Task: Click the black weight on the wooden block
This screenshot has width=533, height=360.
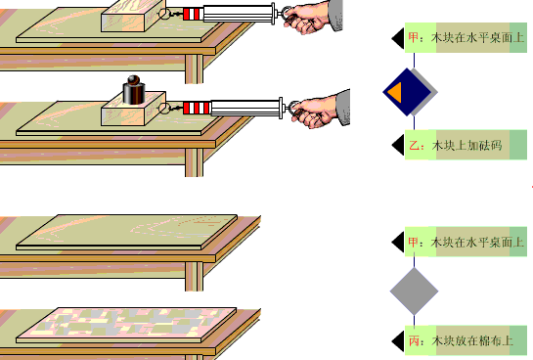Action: point(134,90)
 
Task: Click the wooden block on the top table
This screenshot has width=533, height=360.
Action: point(134,16)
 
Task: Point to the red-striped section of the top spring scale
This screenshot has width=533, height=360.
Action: point(193,15)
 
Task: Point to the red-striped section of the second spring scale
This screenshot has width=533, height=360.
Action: point(197,108)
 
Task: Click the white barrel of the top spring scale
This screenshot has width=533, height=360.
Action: point(238,14)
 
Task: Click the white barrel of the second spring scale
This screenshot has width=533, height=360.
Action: point(245,108)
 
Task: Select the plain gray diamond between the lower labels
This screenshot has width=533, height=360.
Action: point(414,291)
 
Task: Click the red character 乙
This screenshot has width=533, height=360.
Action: point(415,146)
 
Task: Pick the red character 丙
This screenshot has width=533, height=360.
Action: point(414,340)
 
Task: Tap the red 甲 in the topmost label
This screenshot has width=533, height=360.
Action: point(414,37)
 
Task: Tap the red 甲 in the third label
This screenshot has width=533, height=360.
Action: point(414,242)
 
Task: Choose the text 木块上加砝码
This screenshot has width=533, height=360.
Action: point(467,146)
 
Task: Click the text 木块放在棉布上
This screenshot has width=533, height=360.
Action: point(472,340)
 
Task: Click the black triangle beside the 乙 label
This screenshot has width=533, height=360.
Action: point(399,145)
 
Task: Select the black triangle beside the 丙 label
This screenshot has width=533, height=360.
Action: point(399,341)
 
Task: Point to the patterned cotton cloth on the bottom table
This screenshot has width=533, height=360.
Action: point(126,325)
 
